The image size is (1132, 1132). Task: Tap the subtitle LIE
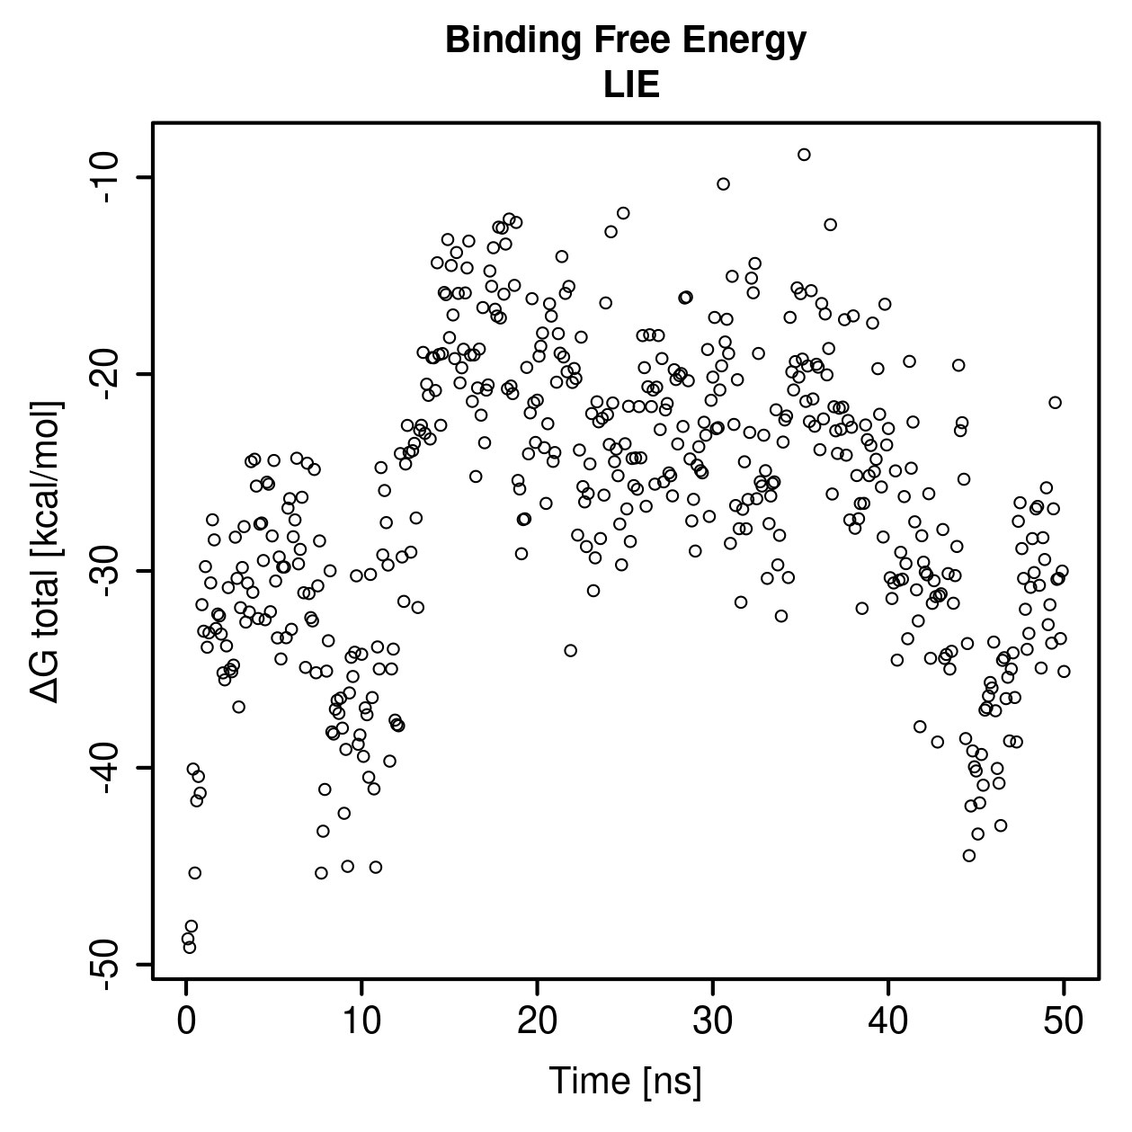tap(631, 85)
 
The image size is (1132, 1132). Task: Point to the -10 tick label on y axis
tap(108, 177)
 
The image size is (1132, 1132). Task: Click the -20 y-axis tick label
tap(108, 374)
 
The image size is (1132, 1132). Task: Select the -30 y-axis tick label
tap(108, 570)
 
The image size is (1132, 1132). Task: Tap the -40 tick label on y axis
tap(108, 767)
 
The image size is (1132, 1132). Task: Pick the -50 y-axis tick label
tap(108, 964)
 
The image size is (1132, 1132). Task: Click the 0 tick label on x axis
tap(186, 1021)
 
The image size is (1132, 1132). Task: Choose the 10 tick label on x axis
tap(361, 1021)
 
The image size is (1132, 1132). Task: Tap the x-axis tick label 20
tap(537, 1021)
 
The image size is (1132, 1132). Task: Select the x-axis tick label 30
tap(713, 1021)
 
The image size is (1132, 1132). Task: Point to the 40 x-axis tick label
tap(887, 1021)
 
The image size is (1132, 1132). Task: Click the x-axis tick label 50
tap(1064, 1021)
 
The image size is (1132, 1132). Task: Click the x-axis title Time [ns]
tap(626, 1081)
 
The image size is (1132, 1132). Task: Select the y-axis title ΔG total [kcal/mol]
tap(46, 552)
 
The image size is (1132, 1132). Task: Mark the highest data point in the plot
tap(804, 155)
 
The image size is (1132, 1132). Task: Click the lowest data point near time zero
tap(190, 947)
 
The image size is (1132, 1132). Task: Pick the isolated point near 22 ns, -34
tap(570, 650)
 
